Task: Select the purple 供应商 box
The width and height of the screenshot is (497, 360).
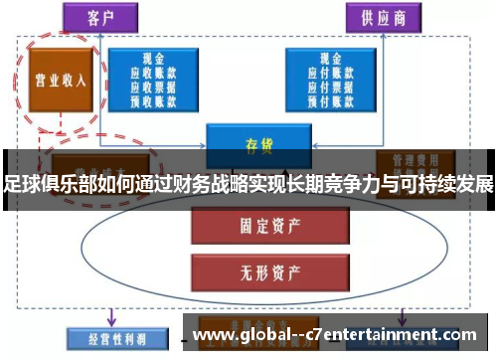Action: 383,17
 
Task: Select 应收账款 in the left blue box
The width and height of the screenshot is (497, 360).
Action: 153,73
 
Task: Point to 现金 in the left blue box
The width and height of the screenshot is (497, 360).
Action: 153,61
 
